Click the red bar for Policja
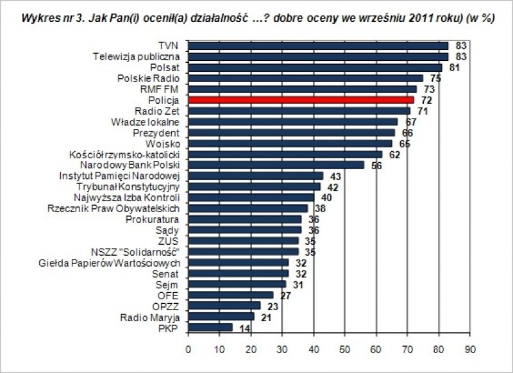point(301,100)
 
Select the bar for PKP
point(210,327)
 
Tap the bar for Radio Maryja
point(221,317)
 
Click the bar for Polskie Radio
point(305,78)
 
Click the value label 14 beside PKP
point(243,328)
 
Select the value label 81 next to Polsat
point(453,68)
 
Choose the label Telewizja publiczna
point(135,56)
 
